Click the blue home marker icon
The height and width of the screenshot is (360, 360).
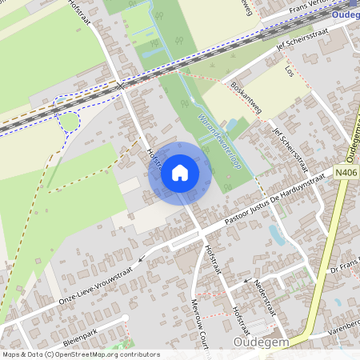pos(180,173)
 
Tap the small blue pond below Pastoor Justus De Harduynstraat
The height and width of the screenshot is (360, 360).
pos(277,234)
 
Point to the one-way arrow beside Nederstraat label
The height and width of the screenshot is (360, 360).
pos(246,282)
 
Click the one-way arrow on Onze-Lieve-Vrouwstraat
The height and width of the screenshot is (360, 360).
pos(142,258)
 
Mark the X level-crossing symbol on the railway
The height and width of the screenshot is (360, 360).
pos(121,85)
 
